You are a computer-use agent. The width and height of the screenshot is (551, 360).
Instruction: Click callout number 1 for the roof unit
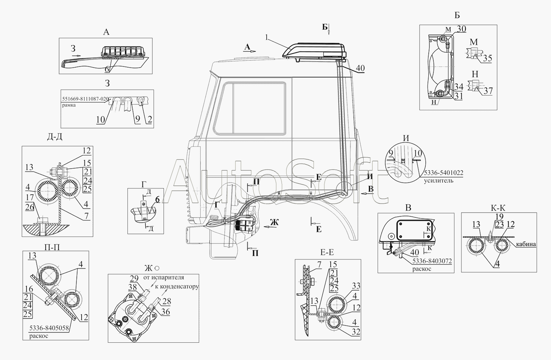(267, 37)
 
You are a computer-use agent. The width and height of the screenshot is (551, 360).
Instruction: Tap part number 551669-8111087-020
(85, 99)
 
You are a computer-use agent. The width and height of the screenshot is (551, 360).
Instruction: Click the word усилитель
(439, 180)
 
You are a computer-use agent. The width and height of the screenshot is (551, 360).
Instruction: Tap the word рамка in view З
(69, 105)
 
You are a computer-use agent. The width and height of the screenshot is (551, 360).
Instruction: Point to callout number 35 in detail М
(487, 58)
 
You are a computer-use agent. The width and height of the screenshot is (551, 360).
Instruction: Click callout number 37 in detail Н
(488, 91)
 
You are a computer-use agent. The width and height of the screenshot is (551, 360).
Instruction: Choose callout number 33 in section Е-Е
(356, 286)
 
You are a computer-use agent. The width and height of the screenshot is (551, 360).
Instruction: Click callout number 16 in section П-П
(27, 289)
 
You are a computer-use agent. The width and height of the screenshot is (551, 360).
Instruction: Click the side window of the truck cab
(250, 108)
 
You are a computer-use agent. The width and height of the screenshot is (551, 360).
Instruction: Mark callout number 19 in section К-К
(499, 217)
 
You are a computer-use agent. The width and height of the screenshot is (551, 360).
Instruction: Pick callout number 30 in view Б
(461, 29)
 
